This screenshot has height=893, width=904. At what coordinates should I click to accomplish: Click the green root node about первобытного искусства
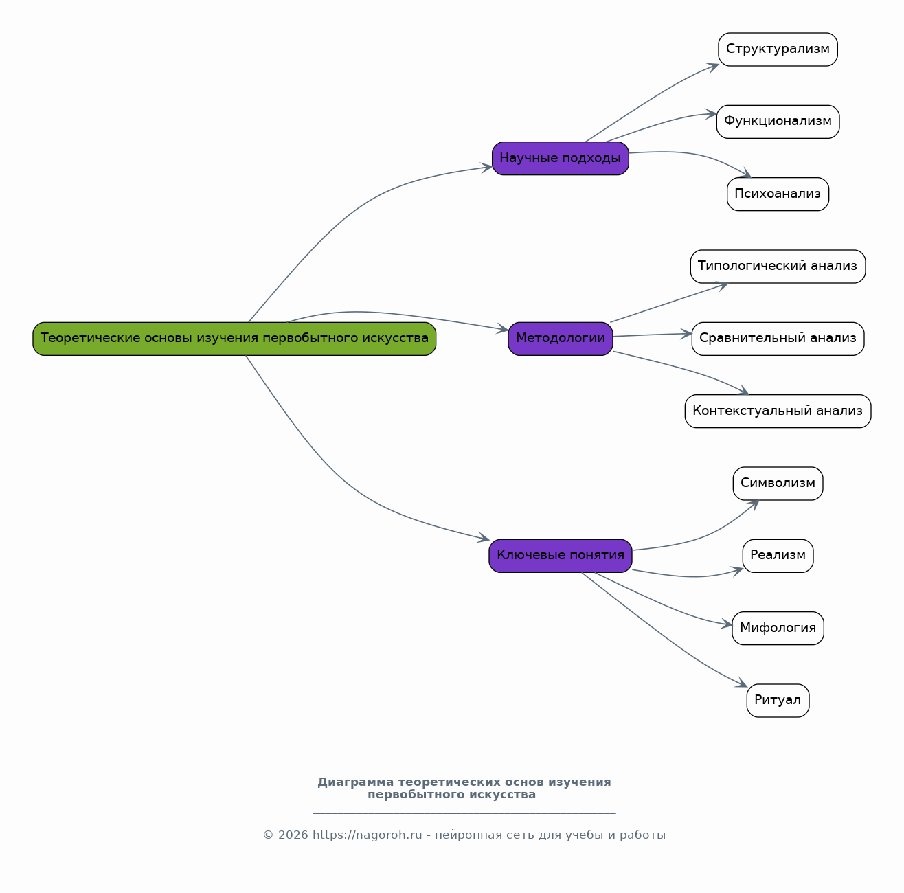234,339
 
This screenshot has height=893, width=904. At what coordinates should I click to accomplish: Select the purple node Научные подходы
560,158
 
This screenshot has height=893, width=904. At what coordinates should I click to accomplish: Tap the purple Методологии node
560,339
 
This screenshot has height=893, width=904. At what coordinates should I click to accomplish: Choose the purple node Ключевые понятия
560,556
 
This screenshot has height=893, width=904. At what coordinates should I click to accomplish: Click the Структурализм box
778,49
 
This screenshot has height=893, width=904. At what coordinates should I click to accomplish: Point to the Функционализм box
778,122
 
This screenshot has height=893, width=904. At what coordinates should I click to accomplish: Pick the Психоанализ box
778,194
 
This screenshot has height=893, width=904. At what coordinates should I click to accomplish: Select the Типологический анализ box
778,266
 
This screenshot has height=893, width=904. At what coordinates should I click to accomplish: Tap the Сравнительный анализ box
778,339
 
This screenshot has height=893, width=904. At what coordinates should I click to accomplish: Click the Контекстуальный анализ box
778,411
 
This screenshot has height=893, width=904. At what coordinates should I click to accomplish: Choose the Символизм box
778,484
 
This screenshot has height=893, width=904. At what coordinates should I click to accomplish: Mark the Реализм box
778,556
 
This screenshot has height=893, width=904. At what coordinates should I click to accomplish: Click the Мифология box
778,628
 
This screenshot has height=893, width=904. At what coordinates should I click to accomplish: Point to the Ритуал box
778,700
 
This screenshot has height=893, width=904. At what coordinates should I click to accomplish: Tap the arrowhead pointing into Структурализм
713,67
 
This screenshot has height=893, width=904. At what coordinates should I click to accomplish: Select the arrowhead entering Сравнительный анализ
686,334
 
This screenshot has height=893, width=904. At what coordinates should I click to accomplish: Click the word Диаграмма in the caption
355,782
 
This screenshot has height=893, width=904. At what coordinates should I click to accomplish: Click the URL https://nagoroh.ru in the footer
367,835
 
